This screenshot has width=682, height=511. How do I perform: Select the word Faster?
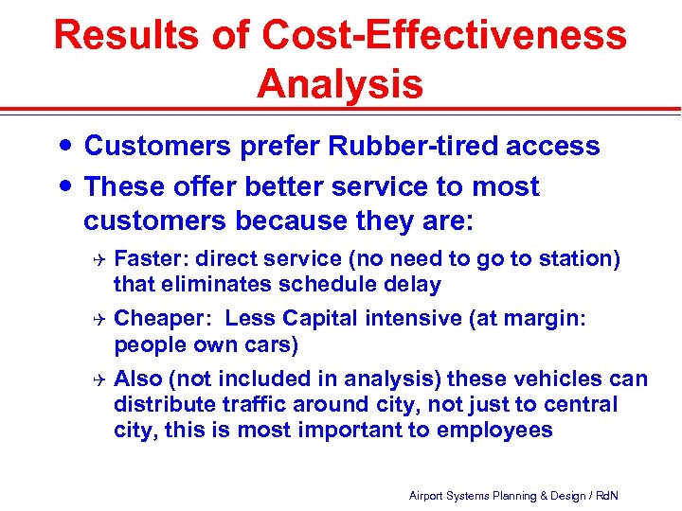150,259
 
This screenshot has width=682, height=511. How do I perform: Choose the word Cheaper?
163,319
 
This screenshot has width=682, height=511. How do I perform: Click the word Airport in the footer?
427,496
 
